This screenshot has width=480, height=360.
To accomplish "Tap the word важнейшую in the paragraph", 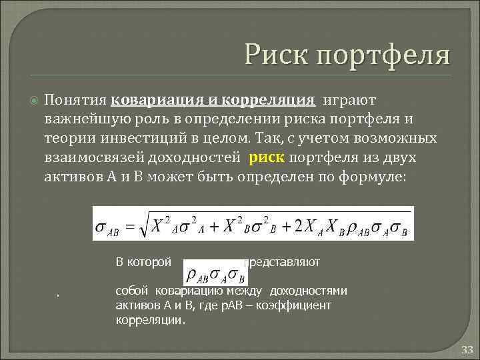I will coord(79,119).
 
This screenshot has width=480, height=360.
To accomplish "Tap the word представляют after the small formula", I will coord(283,262).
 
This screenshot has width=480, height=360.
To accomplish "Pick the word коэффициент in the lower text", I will coord(299,305).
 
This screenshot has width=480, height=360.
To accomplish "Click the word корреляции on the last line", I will coord(149,319).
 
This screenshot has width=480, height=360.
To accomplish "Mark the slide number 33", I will coord(467,349).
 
